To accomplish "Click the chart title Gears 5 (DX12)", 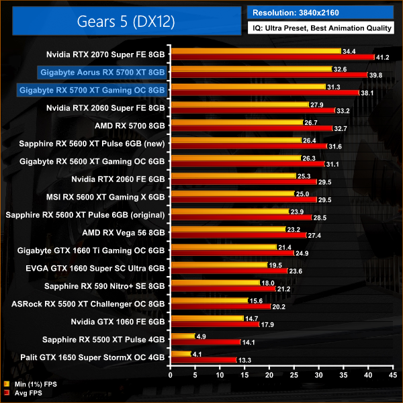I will tap(122, 21).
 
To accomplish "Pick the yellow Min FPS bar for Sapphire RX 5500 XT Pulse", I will tap(183, 336).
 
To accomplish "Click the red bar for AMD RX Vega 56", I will tap(238, 236).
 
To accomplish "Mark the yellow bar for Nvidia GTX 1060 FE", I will tap(208, 318).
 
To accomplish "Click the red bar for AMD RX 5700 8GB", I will tap(252, 128).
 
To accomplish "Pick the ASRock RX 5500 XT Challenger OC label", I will tap(89, 303).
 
